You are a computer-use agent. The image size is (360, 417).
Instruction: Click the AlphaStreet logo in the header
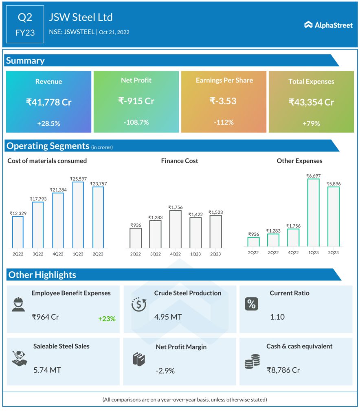[328, 25]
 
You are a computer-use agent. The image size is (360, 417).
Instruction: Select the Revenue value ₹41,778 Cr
[48, 102]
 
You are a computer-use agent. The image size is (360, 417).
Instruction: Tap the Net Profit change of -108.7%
[136, 122]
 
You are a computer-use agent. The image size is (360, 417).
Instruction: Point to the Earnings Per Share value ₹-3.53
[223, 101]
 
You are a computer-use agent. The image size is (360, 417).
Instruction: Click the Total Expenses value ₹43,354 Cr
[311, 102]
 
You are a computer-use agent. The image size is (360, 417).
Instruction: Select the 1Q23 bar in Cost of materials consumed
[78, 215]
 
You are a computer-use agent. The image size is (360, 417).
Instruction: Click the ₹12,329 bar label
[18, 213]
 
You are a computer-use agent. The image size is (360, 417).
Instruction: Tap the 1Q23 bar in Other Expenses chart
[313, 213]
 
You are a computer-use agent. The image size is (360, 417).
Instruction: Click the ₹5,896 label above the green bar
[333, 184]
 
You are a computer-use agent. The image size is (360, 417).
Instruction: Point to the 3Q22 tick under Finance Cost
[155, 254]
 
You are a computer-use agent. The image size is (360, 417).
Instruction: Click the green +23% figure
[107, 319]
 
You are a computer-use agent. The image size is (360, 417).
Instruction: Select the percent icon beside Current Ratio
[251, 304]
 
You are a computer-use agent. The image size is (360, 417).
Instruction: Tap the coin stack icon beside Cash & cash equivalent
[252, 362]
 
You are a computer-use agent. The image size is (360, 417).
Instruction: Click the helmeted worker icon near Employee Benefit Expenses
[18, 304]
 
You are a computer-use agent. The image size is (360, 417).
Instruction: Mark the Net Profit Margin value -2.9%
[165, 371]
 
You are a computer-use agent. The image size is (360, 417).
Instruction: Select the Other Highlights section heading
[42, 275]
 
